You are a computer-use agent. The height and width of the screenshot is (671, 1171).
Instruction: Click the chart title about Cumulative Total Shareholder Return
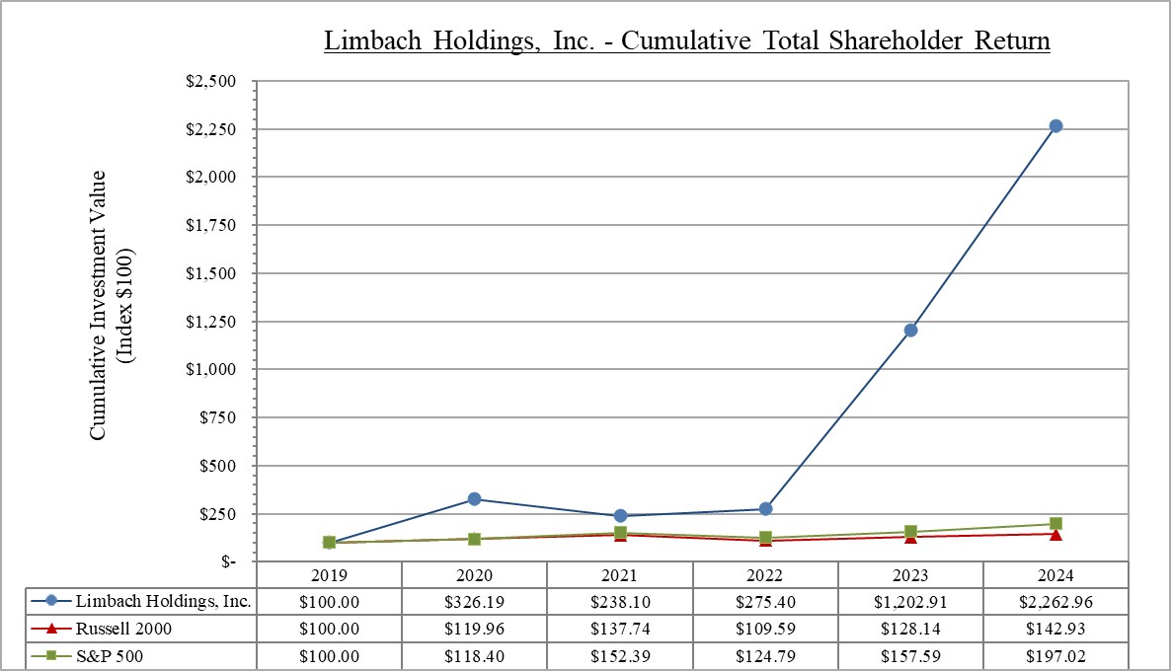click(x=686, y=41)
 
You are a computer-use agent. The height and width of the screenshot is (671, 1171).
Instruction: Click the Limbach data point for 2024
click(x=1055, y=126)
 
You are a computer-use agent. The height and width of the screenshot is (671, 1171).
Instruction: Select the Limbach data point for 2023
click(x=910, y=330)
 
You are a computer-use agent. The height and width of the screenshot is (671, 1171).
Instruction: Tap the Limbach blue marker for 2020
click(x=475, y=499)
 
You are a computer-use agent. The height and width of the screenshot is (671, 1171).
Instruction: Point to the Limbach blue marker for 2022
click(x=765, y=509)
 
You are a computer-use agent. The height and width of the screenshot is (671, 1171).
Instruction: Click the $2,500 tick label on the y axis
click(x=211, y=81)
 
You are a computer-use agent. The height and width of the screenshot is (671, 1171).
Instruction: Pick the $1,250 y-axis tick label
click(x=211, y=321)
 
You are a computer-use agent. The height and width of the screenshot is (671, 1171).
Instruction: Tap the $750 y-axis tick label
click(x=219, y=417)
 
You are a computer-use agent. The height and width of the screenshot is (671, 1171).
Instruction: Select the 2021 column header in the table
click(x=620, y=575)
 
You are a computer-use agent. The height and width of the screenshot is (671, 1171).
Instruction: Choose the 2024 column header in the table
click(x=1055, y=575)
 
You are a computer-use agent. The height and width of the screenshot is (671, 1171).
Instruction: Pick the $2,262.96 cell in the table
click(x=1055, y=601)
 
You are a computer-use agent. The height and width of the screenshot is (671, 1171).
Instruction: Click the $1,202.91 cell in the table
click(x=910, y=601)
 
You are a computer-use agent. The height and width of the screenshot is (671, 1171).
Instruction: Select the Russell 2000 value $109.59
click(x=765, y=629)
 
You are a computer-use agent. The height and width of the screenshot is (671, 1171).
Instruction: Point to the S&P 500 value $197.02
click(x=1055, y=656)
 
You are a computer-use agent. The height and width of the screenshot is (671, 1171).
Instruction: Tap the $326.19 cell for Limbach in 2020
click(x=475, y=601)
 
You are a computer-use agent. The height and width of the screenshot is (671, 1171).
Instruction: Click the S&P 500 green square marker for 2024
click(x=1055, y=524)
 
